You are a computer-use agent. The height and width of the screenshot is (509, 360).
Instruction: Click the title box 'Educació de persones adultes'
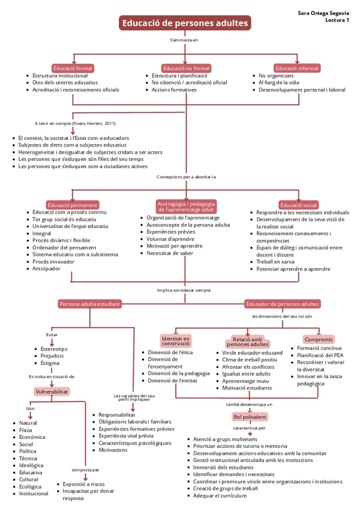[185, 23]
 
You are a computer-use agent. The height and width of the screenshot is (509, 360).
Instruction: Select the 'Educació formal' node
[73, 68]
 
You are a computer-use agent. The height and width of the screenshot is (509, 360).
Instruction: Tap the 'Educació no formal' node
[187, 68]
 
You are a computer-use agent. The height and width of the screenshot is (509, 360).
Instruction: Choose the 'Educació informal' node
[297, 68]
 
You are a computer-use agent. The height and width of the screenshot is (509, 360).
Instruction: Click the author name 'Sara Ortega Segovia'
[323, 13]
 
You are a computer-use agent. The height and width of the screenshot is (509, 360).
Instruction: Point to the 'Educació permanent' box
[73, 205]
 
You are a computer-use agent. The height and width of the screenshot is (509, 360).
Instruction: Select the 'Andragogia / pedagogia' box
[187, 206]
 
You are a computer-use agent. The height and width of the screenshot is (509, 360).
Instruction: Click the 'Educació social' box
[298, 205]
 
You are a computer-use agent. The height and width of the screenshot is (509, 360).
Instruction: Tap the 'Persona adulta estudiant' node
[90, 304]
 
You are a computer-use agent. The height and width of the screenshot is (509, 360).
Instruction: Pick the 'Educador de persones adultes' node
[283, 304]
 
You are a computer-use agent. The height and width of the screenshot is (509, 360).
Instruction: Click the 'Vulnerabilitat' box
[52, 391]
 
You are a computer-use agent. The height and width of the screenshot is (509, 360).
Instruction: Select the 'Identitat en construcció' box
[176, 340]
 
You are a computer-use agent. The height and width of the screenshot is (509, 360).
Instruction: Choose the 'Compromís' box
[319, 339]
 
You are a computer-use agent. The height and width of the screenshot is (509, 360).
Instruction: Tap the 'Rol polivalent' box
[250, 417]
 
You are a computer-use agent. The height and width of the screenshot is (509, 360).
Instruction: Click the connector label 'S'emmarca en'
[184, 40]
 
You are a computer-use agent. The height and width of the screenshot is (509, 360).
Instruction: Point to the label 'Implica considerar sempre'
[184, 290]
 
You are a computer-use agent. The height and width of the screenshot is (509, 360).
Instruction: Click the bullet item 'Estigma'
[50, 363]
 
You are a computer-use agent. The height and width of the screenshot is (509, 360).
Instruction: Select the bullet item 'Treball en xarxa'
[275, 262]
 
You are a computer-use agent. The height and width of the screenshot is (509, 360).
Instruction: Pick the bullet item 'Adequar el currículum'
[220, 496]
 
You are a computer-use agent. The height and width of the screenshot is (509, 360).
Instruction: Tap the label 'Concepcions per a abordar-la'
[187, 177]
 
